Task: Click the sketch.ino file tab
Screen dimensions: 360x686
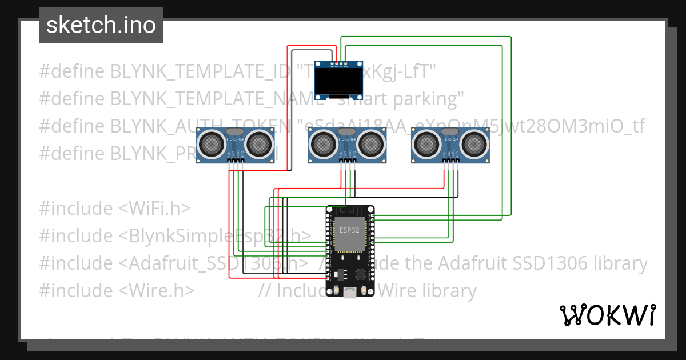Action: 101,25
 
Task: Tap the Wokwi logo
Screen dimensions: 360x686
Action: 607,315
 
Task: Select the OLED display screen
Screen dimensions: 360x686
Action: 339,79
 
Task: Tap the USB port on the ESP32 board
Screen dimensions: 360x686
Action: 349,293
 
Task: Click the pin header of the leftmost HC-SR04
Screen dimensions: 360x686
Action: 236,161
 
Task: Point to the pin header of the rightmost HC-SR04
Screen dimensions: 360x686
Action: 450,161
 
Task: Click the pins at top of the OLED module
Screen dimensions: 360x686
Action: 339,63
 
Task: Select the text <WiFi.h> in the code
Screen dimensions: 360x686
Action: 154,208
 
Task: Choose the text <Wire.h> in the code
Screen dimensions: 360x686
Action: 157,290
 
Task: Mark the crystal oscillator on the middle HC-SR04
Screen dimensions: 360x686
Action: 348,132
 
